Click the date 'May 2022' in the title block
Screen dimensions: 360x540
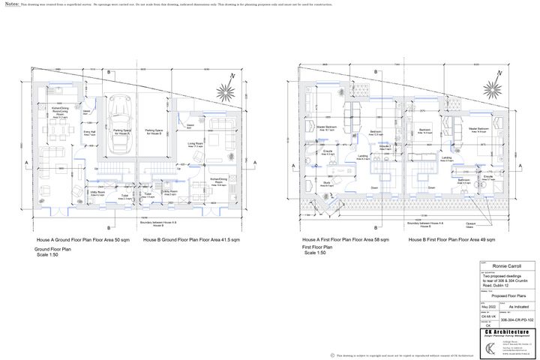pos(489,307)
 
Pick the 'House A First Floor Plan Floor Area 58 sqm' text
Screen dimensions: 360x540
pos(345,239)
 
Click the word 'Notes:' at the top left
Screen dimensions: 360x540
pos(12,4)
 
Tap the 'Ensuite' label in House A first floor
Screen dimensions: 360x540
pos(328,152)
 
